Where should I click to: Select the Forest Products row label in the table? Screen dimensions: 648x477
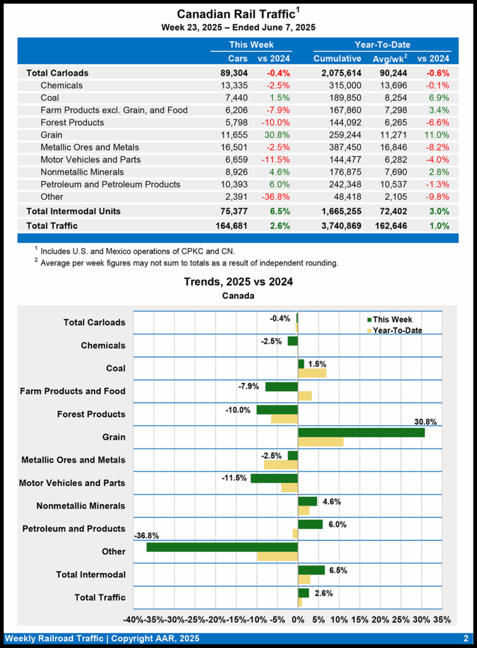pyautogui.click(x=72, y=122)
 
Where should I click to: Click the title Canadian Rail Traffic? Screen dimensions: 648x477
pyautogui.click(x=236, y=14)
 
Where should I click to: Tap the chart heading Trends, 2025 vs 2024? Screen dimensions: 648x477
pyautogui.click(x=238, y=282)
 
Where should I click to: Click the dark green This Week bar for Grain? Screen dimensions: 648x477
pyautogui.click(x=361, y=432)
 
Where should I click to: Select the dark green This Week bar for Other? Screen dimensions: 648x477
pyautogui.click(x=222, y=547)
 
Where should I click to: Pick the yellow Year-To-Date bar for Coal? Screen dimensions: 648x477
pyautogui.click(x=312, y=373)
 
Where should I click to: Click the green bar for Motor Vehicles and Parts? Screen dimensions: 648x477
pyautogui.click(x=274, y=478)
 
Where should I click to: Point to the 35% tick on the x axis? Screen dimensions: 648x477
pyautogui.click(x=443, y=620)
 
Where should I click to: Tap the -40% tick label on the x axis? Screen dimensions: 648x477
pyautogui.click(x=134, y=620)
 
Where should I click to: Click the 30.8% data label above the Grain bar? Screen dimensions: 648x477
pyautogui.click(x=424, y=422)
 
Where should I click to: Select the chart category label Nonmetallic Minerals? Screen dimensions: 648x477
pyautogui.click(x=80, y=506)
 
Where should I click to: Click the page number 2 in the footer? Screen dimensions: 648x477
pyautogui.click(x=465, y=639)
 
